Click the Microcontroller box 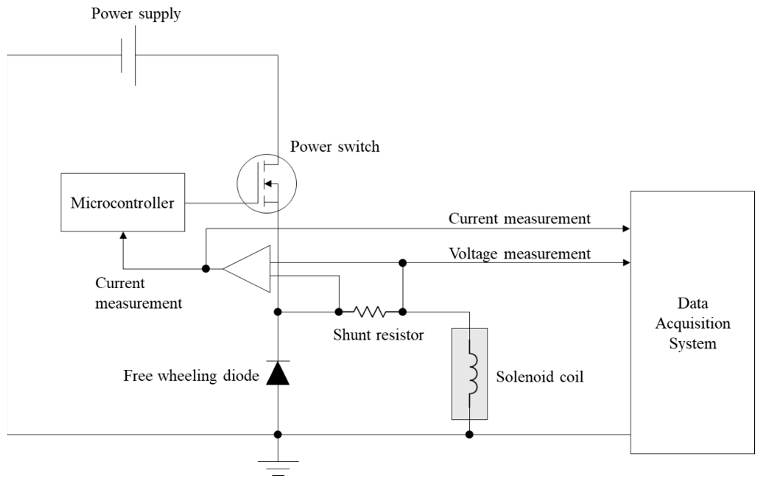click(x=123, y=202)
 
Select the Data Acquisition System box click(x=692, y=323)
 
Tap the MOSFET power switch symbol click(x=266, y=184)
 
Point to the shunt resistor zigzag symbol click(x=370, y=312)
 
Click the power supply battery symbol click(x=129, y=56)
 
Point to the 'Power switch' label click(x=335, y=147)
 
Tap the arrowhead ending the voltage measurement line click(x=626, y=262)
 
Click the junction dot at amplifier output click(x=206, y=269)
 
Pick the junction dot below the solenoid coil click(x=469, y=434)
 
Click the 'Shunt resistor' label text click(x=378, y=335)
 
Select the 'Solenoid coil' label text click(x=539, y=377)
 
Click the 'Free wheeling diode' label click(x=191, y=376)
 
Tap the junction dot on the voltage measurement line click(x=402, y=263)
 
